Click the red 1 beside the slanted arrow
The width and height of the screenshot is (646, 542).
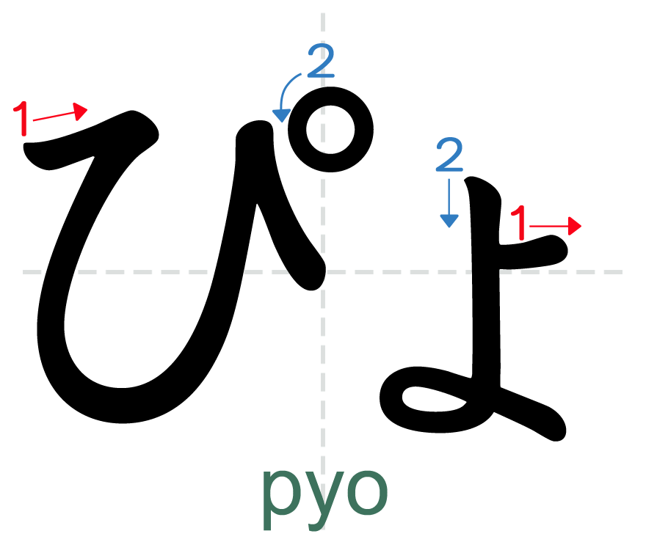point(22,118)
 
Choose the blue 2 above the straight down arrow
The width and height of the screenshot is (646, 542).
point(449,155)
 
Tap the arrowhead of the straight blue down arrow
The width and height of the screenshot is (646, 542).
point(449,220)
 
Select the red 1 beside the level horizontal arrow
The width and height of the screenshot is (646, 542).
point(519,223)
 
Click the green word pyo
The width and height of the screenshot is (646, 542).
point(324,490)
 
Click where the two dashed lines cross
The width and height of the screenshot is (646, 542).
point(322,272)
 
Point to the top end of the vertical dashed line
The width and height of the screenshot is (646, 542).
point(322,13)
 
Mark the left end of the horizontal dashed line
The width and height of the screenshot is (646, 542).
point(23,272)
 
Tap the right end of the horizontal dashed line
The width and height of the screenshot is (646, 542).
point(623,272)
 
